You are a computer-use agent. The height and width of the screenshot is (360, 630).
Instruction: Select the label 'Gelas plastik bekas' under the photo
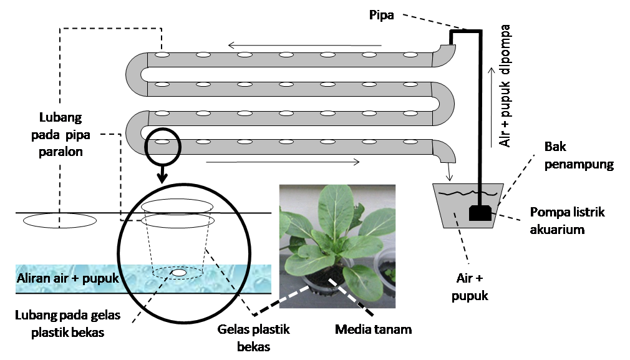[254, 338]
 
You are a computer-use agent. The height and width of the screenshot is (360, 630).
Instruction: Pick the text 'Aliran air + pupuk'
[68, 278]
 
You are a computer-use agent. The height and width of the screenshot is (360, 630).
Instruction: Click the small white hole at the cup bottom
[179, 273]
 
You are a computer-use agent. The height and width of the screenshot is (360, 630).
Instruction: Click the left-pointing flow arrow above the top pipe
[304, 45]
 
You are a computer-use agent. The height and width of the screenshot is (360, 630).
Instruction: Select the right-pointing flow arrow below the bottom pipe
[283, 163]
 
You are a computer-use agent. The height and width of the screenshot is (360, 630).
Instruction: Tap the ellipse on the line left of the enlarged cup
[60, 220]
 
